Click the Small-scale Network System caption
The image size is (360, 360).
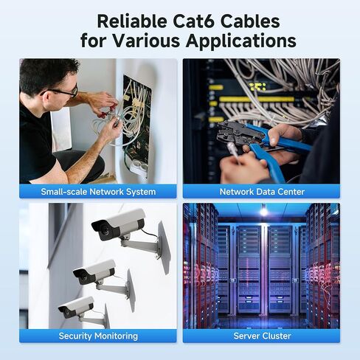pyautogui.click(x=98, y=192)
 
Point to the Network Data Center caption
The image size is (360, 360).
pyautogui.click(x=262, y=192)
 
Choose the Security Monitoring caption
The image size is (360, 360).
pyautogui.click(x=98, y=336)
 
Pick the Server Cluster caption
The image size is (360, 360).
pyautogui.click(x=262, y=336)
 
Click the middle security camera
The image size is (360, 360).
pyautogui.click(x=94, y=271)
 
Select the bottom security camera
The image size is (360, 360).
pyautogui.click(x=76, y=308)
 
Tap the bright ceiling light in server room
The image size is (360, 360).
pyautogui.click(x=263, y=212)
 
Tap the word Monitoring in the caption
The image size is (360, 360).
pyautogui.click(x=114, y=336)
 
